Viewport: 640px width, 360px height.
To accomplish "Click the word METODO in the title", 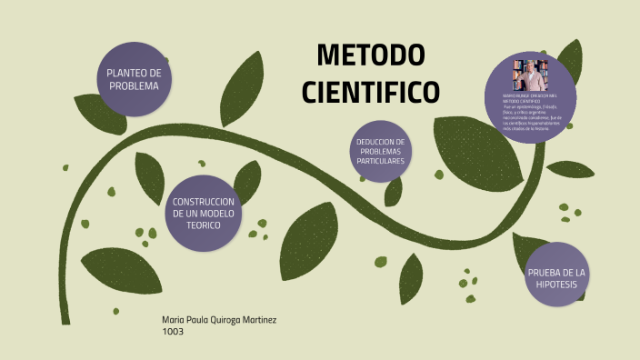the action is (x=370, y=56).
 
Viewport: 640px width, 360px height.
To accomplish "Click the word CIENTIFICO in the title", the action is (x=370, y=92).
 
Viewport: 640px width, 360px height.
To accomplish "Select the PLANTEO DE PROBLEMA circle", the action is (x=135, y=79).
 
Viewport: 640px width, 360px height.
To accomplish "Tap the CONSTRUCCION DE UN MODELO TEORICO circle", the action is (x=204, y=213).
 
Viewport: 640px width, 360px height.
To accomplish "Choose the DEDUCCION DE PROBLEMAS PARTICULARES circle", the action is (x=381, y=151).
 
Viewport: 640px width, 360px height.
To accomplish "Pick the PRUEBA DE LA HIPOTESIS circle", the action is (x=558, y=279).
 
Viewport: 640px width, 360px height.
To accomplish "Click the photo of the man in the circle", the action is (x=530, y=74).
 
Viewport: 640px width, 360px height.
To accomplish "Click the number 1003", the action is (x=173, y=332).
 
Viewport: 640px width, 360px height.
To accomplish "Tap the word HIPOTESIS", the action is (x=558, y=285).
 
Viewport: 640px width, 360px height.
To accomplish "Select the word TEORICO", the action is (x=204, y=225).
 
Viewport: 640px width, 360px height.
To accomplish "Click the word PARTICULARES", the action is (x=381, y=161).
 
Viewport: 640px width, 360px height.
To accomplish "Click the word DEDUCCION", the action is (x=380, y=141).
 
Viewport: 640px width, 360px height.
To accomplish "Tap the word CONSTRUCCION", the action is (x=204, y=201).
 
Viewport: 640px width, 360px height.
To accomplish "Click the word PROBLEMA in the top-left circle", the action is (x=135, y=85).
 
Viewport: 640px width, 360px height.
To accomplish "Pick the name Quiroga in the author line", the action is (x=232, y=320).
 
